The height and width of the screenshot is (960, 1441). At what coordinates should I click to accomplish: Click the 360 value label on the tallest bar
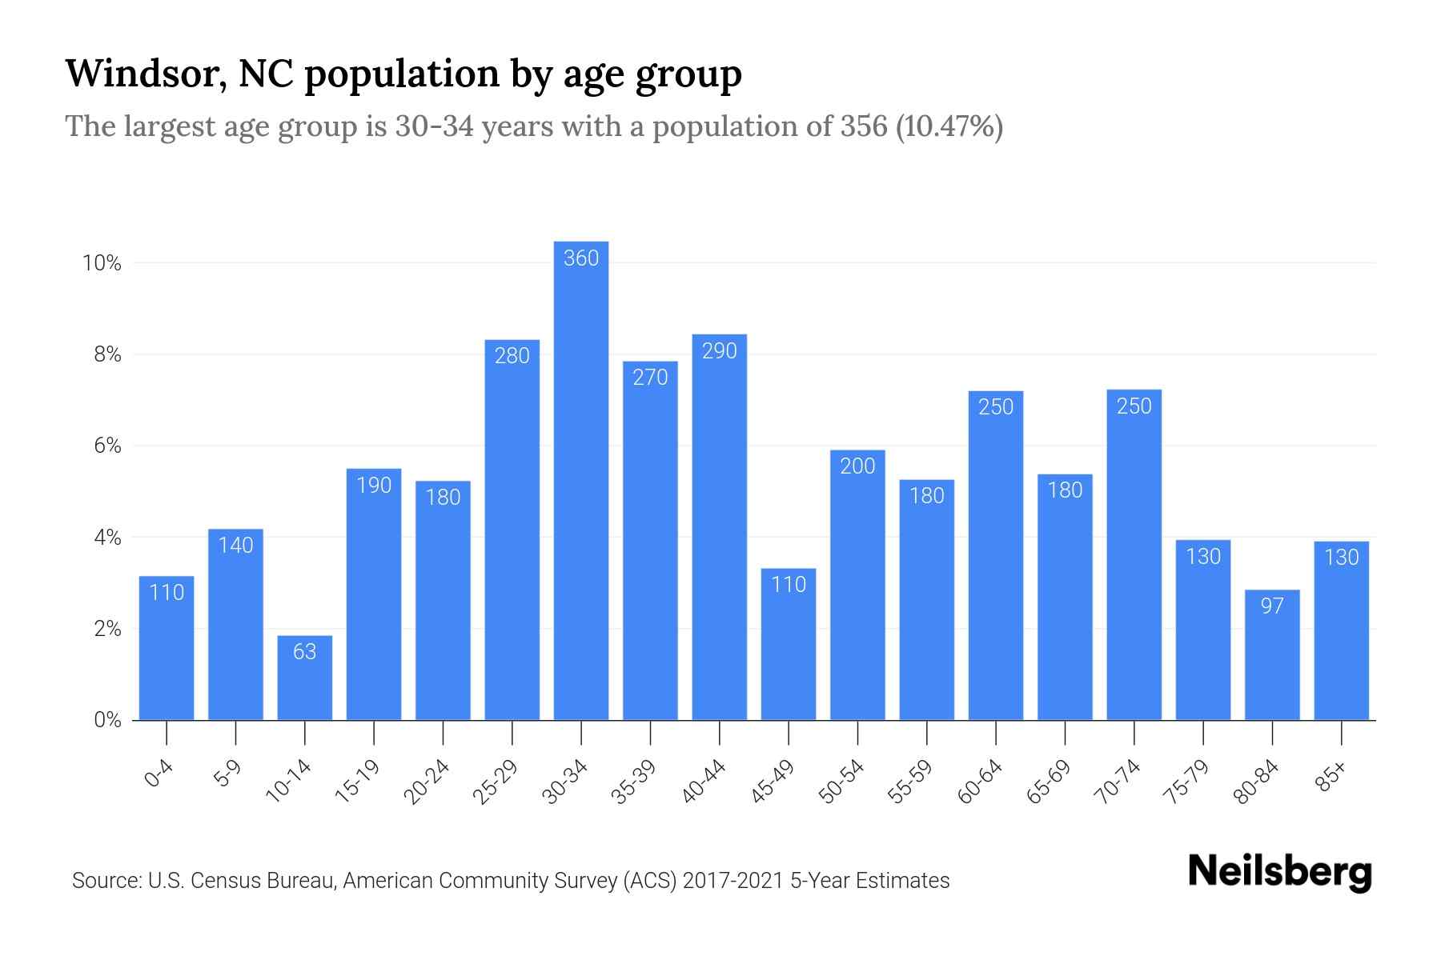point(581,258)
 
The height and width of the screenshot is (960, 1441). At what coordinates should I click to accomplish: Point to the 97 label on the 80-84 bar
point(1272,606)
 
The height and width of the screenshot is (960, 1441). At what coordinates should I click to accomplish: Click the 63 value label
point(304,652)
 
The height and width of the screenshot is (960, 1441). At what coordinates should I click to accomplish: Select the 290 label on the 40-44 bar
point(719,351)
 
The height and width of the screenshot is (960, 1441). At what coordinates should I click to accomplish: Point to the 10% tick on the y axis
point(102,263)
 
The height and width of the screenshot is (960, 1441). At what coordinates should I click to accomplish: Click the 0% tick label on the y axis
point(107,720)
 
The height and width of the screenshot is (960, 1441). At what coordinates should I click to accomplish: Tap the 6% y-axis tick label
point(107,446)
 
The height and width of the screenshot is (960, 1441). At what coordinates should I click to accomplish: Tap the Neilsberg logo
point(1279,873)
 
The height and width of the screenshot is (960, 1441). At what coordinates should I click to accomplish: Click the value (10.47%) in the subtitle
point(949,127)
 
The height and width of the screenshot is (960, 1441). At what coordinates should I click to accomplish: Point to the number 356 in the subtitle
point(864,127)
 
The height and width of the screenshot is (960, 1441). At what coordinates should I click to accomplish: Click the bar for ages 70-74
point(1134,560)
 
